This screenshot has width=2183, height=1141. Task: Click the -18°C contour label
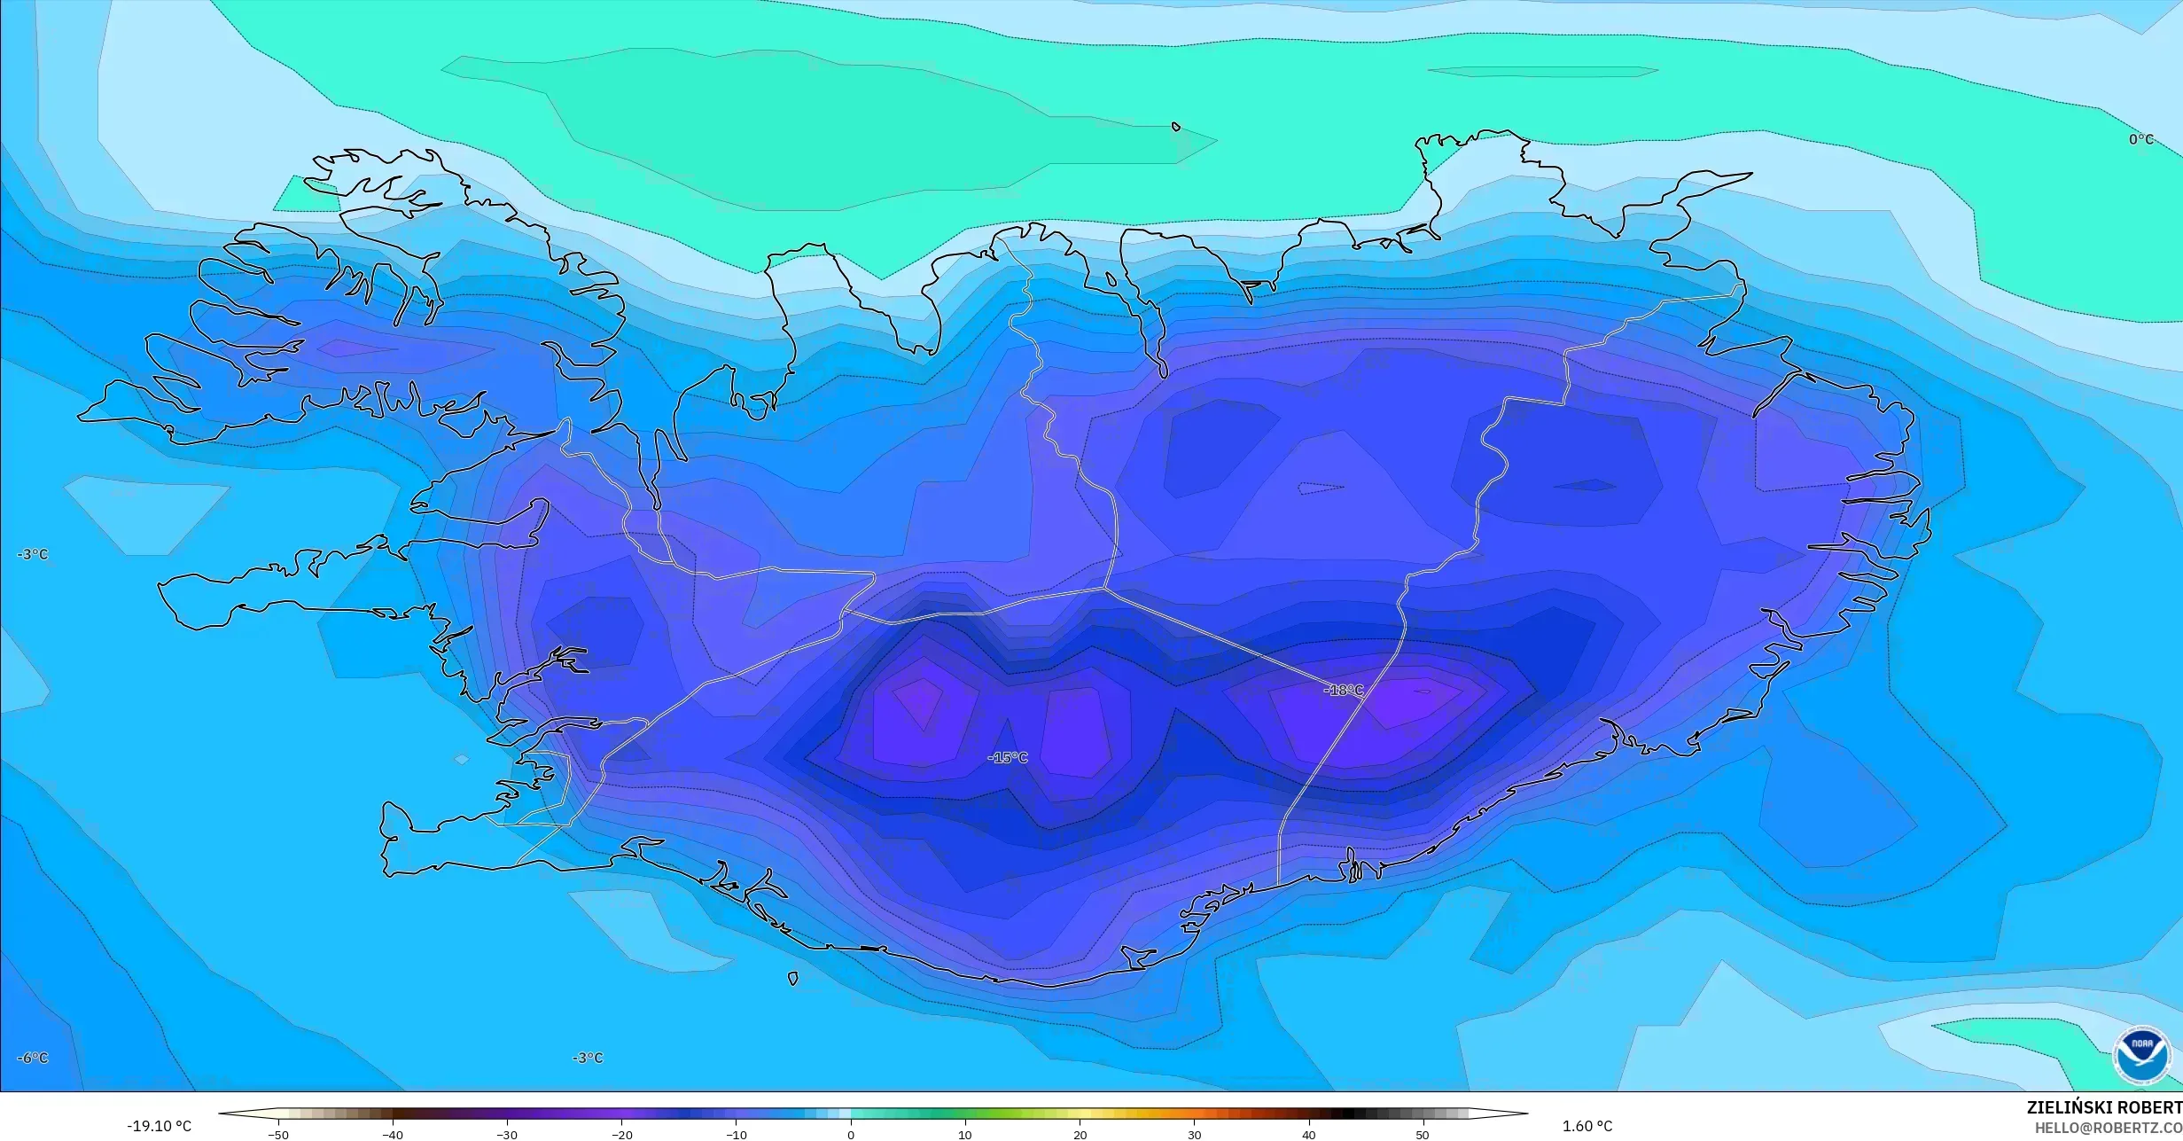1344,690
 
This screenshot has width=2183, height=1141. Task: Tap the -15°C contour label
1008,757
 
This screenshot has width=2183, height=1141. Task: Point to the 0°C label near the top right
2140,139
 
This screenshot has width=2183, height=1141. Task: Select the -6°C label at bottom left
33,1058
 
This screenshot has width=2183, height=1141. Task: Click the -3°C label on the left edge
33,554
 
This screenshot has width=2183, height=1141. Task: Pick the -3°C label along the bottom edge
587,1058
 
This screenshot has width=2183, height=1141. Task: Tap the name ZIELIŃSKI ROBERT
2103,1107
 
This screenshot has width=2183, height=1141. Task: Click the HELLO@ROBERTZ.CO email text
2108,1128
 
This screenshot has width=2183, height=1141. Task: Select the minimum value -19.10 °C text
159,1126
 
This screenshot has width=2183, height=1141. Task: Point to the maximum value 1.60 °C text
1587,1126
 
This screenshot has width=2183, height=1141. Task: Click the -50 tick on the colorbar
278,1135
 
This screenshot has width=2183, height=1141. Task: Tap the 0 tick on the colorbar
851,1135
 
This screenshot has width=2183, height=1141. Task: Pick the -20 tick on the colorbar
622,1135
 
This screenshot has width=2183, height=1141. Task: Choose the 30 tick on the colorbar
1194,1135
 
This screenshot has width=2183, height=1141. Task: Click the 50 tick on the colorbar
1423,1135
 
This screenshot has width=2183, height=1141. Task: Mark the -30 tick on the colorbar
507,1135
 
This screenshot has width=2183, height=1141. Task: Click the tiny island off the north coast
1176,127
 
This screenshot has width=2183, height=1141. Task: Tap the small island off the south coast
792,979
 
